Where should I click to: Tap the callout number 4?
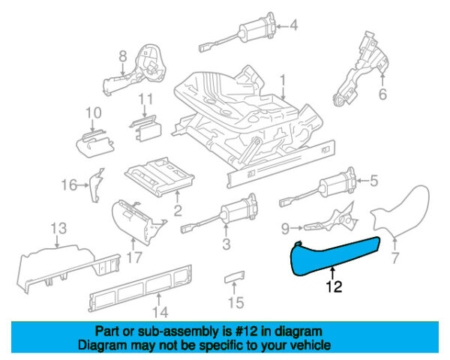click(x=293, y=25)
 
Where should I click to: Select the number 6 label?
click(x=382, y=94)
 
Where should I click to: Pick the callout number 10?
click(x=92, y=113)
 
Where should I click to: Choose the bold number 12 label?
click(x=334, y=285)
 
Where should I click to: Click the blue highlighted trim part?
click(x=337, y=252)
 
